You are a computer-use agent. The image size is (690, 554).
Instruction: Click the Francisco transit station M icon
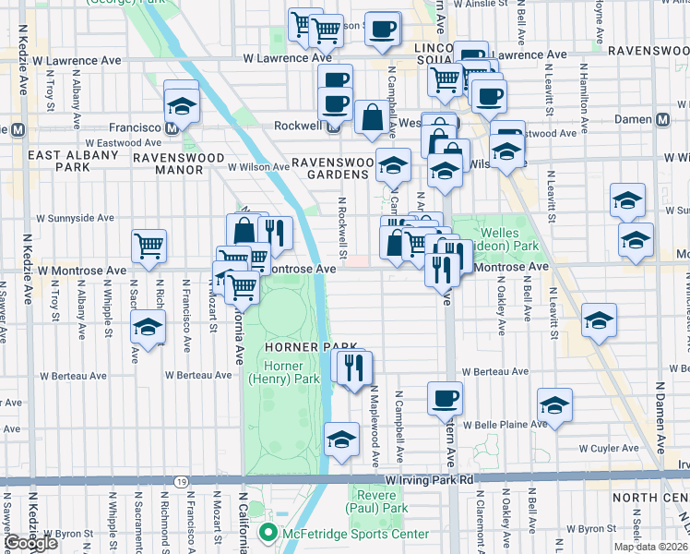[x=172, y=128]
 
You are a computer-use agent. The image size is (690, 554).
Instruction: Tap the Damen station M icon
[x=662, y=120]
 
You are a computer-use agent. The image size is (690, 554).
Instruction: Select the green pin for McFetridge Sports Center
[x=268, y=533]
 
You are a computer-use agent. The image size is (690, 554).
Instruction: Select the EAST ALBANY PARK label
[x=73, y=161]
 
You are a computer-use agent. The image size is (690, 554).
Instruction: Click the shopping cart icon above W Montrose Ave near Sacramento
[x=149, y=246]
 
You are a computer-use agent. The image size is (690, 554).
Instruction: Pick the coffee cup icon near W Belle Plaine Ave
[x=445, y=398]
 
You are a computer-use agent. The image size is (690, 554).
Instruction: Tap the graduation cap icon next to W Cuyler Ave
[x=554, y=405]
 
